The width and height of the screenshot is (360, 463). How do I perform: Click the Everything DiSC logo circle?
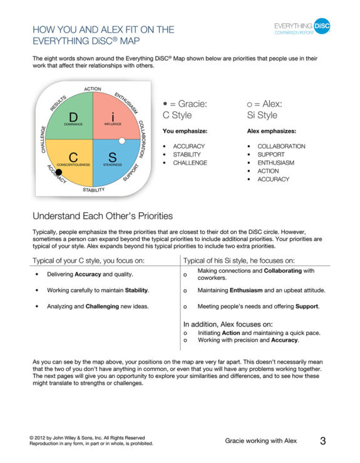point(322,26)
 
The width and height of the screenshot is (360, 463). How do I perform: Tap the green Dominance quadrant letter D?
point(73,117)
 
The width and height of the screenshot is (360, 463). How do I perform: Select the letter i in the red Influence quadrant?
point(113,117)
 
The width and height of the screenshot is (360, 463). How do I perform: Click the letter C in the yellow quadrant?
point(73,156)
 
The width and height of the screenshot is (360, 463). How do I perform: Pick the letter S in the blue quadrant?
point(113,156)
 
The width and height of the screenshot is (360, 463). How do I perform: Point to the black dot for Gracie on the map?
point(59,171)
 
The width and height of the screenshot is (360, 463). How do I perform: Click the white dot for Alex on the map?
point(122,141)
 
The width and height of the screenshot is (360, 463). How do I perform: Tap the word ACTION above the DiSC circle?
point(93,89)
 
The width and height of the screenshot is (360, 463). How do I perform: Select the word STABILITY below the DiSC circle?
point(94,190)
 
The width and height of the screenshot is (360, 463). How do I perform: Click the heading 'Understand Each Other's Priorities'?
point(103,216)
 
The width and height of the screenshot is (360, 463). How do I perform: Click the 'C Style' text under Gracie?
point(177,115)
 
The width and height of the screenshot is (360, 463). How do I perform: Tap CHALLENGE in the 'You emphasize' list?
point(190,163)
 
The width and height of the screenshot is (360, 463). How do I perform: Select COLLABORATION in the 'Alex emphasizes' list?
point(281,146)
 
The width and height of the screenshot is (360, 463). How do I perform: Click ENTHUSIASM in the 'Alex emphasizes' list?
point(275,163)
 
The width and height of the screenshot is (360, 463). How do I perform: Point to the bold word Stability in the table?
point(137,290)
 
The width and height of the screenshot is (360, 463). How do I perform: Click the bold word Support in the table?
point(306,307)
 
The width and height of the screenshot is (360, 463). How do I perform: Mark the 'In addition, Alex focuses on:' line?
point(228,325)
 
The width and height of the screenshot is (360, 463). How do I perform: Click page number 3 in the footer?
point(323,441)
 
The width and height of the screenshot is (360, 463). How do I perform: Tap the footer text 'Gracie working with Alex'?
point(260,441)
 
